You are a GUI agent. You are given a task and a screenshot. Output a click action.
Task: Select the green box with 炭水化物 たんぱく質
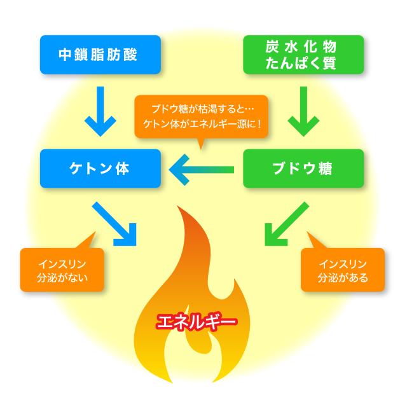coord(304,55)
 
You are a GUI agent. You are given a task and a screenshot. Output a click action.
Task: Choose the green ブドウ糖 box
coord(304,169)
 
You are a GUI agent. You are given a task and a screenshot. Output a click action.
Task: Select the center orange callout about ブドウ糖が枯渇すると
coord(202,116)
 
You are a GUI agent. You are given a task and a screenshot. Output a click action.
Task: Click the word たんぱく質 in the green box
coord(304,63)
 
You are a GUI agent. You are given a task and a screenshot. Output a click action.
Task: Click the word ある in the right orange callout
coord(359,278)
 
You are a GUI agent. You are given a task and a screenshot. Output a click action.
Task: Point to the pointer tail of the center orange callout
coord(202,145)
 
